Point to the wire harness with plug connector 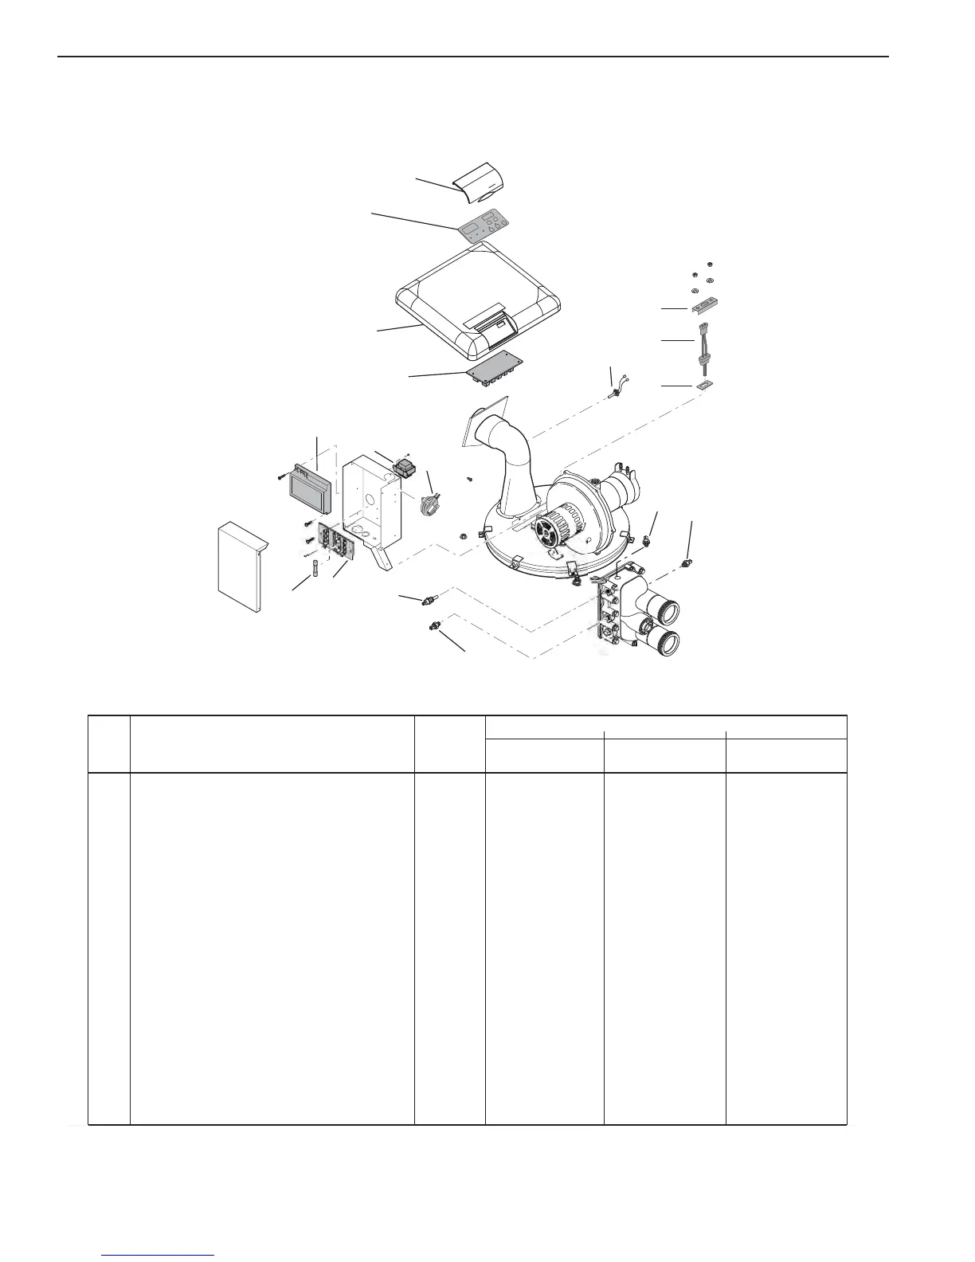pyautogui.click(x=705, y=343)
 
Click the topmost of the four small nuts pyautogui.click(x=710, y=264)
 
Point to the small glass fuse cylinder pyautogui.click(x=316, y=571)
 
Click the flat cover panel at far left pyautogui.click(x=241, y=567)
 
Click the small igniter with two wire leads pyautogui.click(x=615, y=391)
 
